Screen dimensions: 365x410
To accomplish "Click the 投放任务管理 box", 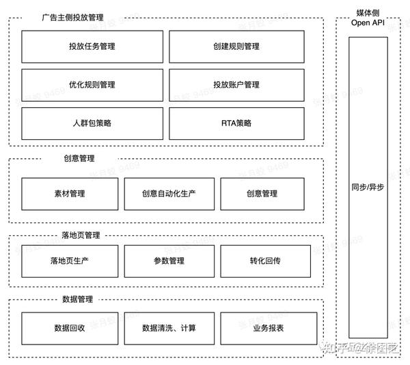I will click(x=92, y=46).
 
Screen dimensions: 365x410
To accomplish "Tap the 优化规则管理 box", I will click(x=92, y=85).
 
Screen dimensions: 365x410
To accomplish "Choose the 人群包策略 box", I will click(x=92, y=123).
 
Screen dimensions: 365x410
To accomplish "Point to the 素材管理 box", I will click(x=69, y=194).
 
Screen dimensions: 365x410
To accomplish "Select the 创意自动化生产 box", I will click(x=169, y=194).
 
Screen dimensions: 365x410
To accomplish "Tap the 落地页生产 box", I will click(x=69, y=261).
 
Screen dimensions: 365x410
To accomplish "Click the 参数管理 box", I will click(x=169, y=261).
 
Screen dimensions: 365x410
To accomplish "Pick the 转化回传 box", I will click(x=269, y=261).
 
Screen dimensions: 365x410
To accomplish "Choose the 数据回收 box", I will click(x=69, y=328).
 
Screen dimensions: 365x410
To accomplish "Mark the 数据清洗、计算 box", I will click(x=169, y=328).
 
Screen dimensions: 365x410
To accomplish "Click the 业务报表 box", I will click(x=269, y=328).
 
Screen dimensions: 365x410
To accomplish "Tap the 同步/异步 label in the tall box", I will click(x=368, y=187).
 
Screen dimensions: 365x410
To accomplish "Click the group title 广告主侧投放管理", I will click(x=72, y=18).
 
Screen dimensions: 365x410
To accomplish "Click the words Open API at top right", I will click(x=368, y=23).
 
